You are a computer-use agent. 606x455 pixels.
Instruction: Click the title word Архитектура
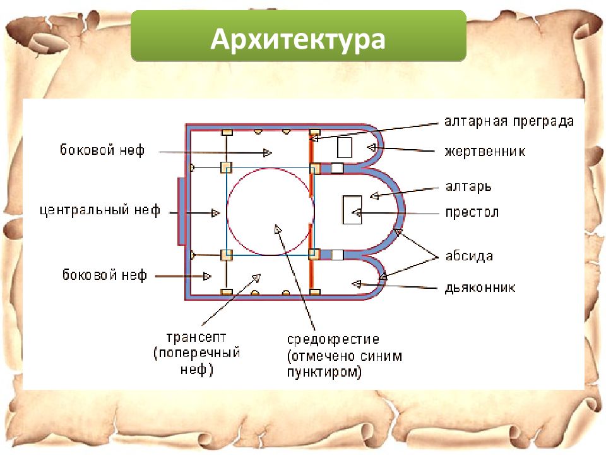(298, 39)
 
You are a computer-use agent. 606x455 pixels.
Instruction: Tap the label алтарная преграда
(509, 121)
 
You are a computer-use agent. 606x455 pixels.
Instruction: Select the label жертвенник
(485, 151)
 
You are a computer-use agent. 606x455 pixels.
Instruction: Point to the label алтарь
(468, 187)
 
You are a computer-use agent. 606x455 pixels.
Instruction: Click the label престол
(472, 212)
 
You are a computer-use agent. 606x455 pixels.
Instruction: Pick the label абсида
(469, 256)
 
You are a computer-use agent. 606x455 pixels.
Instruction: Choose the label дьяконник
(480, 288)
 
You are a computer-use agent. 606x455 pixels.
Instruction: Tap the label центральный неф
(100, 210)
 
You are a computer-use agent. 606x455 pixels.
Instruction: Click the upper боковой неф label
(102, 150)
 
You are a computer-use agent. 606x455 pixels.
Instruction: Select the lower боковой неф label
(105, 275)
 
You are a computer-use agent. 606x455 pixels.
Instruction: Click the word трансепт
(196, 337)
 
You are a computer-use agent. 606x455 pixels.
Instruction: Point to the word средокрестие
(333, 339)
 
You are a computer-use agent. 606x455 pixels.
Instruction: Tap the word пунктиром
(324, 372)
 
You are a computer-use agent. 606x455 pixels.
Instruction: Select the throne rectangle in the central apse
(352, 210)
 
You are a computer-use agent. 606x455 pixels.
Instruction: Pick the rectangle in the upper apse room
(345, 147)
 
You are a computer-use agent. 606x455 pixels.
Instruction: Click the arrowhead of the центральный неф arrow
(216, 213)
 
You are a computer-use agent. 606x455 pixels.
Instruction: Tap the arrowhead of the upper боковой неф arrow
(267, 153)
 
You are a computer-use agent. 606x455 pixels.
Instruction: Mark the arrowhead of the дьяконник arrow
(356, 284)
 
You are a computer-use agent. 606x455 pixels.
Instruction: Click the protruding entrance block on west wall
(181, 211)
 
